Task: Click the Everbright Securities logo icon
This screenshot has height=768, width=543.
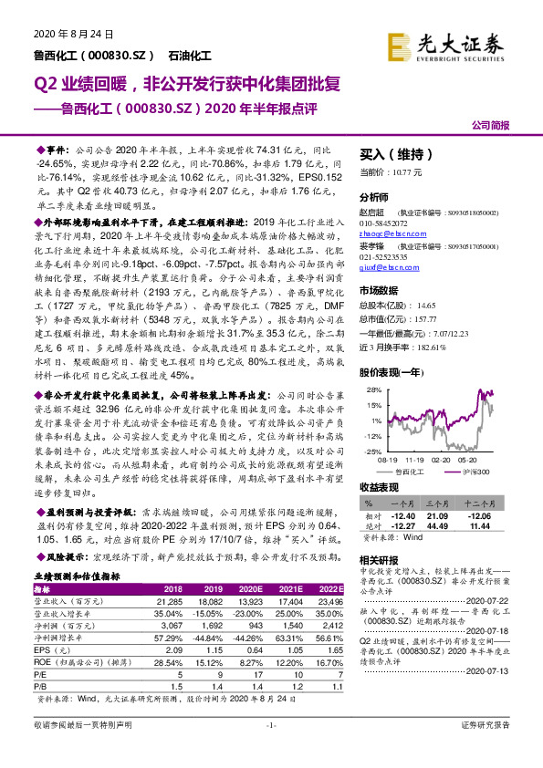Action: point(398,46)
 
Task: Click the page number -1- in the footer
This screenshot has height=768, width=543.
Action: point(271,749)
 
